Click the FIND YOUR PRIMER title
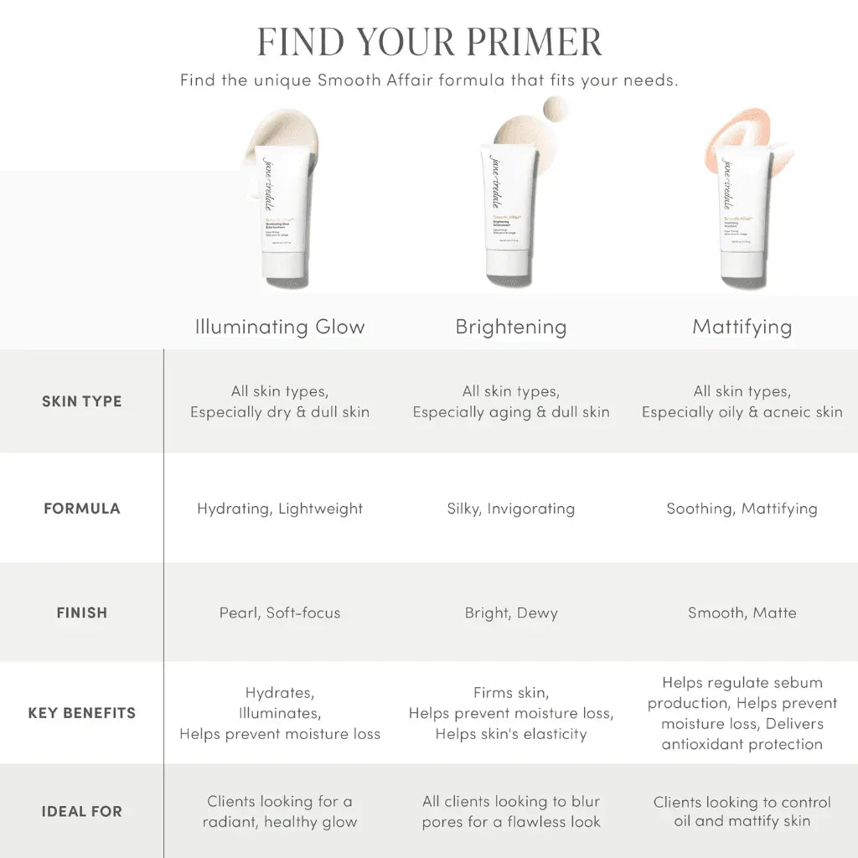[429, 41]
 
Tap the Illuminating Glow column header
[280, 327]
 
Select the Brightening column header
[511, 327]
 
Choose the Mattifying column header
[742, 327]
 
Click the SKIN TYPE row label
[82, 401]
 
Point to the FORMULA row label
[82, 509]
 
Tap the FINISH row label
[82, 612]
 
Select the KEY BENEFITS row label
[82, 713]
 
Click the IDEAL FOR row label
[82, 811]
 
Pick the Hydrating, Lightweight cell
[280, 509]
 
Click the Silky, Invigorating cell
[511, 509]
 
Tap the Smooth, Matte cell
[742, 612]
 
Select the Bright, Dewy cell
[511, 612]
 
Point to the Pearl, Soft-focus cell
[280, 612]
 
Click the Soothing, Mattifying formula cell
[742, 509]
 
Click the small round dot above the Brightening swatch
[555, 108]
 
